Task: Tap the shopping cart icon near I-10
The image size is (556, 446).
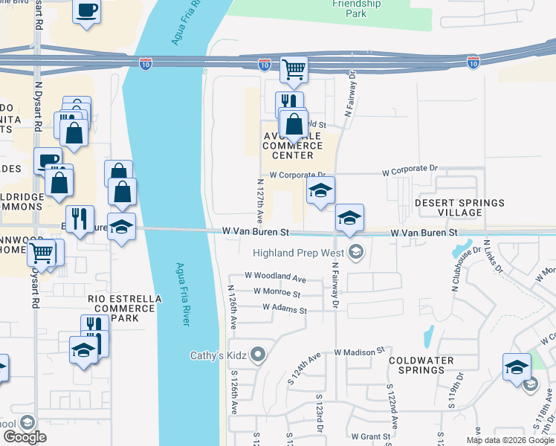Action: click(x=294, y=69)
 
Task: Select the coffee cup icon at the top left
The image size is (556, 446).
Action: click(x=86, y=10)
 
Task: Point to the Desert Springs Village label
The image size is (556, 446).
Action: click(x=459, y=207)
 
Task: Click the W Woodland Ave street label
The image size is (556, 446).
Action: click(x=279, y=279)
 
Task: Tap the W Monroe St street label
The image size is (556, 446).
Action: click(x=277, y=293)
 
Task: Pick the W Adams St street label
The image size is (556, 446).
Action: click(x=284, y=307)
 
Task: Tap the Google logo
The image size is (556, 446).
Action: click(x=25, y=437)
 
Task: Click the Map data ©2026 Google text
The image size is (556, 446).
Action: click(x=509, y=440)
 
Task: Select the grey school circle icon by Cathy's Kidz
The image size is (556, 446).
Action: click(x=258, y=355)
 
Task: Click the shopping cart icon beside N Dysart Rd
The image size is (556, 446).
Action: click(x=42, y=253)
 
